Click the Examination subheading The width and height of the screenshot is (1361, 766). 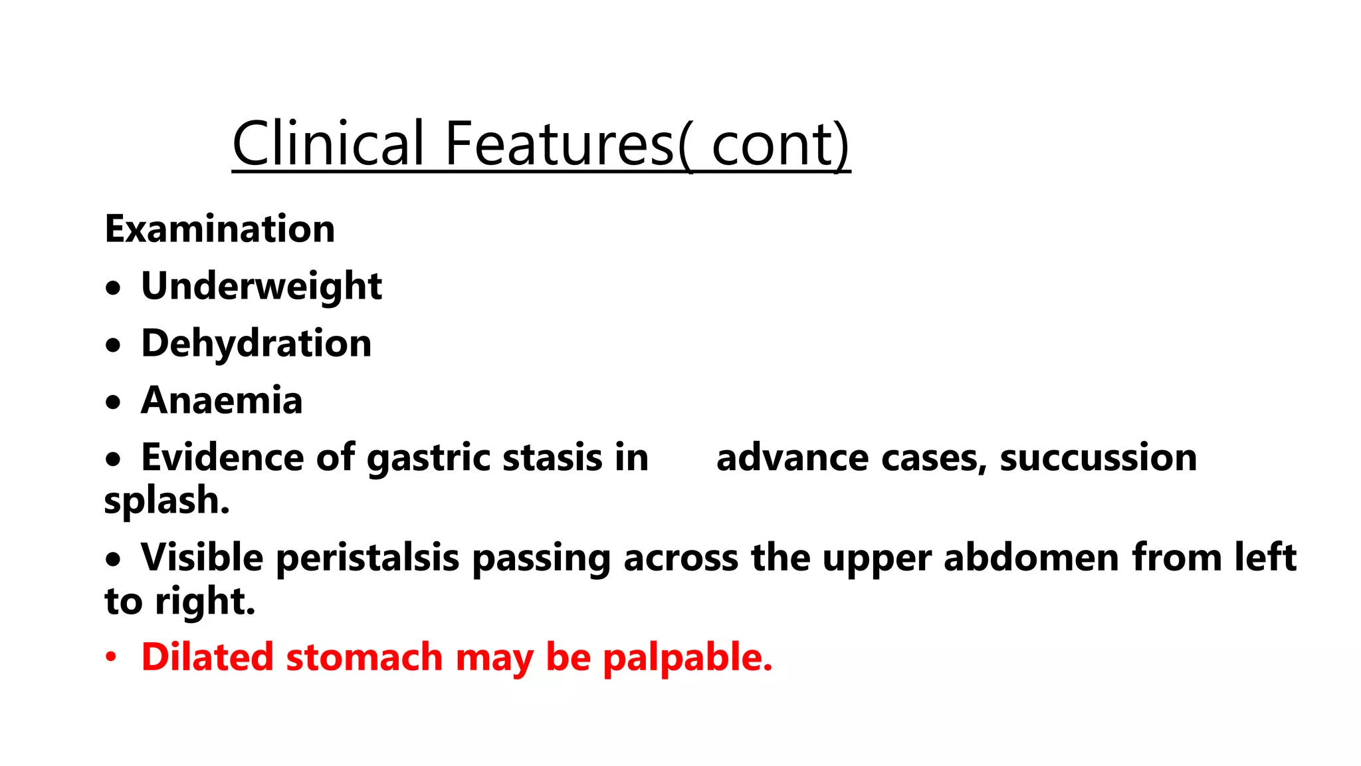coord(220,229)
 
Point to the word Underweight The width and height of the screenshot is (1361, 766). coord(261,287)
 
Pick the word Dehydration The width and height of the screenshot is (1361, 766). coord(256,344)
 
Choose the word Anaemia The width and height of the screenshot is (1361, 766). coord(222,400)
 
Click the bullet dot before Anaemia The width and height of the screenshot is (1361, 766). coord(114,402)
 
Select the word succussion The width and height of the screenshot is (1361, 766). coord(1098,458)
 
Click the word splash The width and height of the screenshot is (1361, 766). coord(167,501)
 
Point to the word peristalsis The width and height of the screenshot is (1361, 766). coord(366,558)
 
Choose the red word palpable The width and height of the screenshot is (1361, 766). coord(687,658)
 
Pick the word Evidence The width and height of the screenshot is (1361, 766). coord(224,458)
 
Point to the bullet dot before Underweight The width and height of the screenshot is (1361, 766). coord(114,288)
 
